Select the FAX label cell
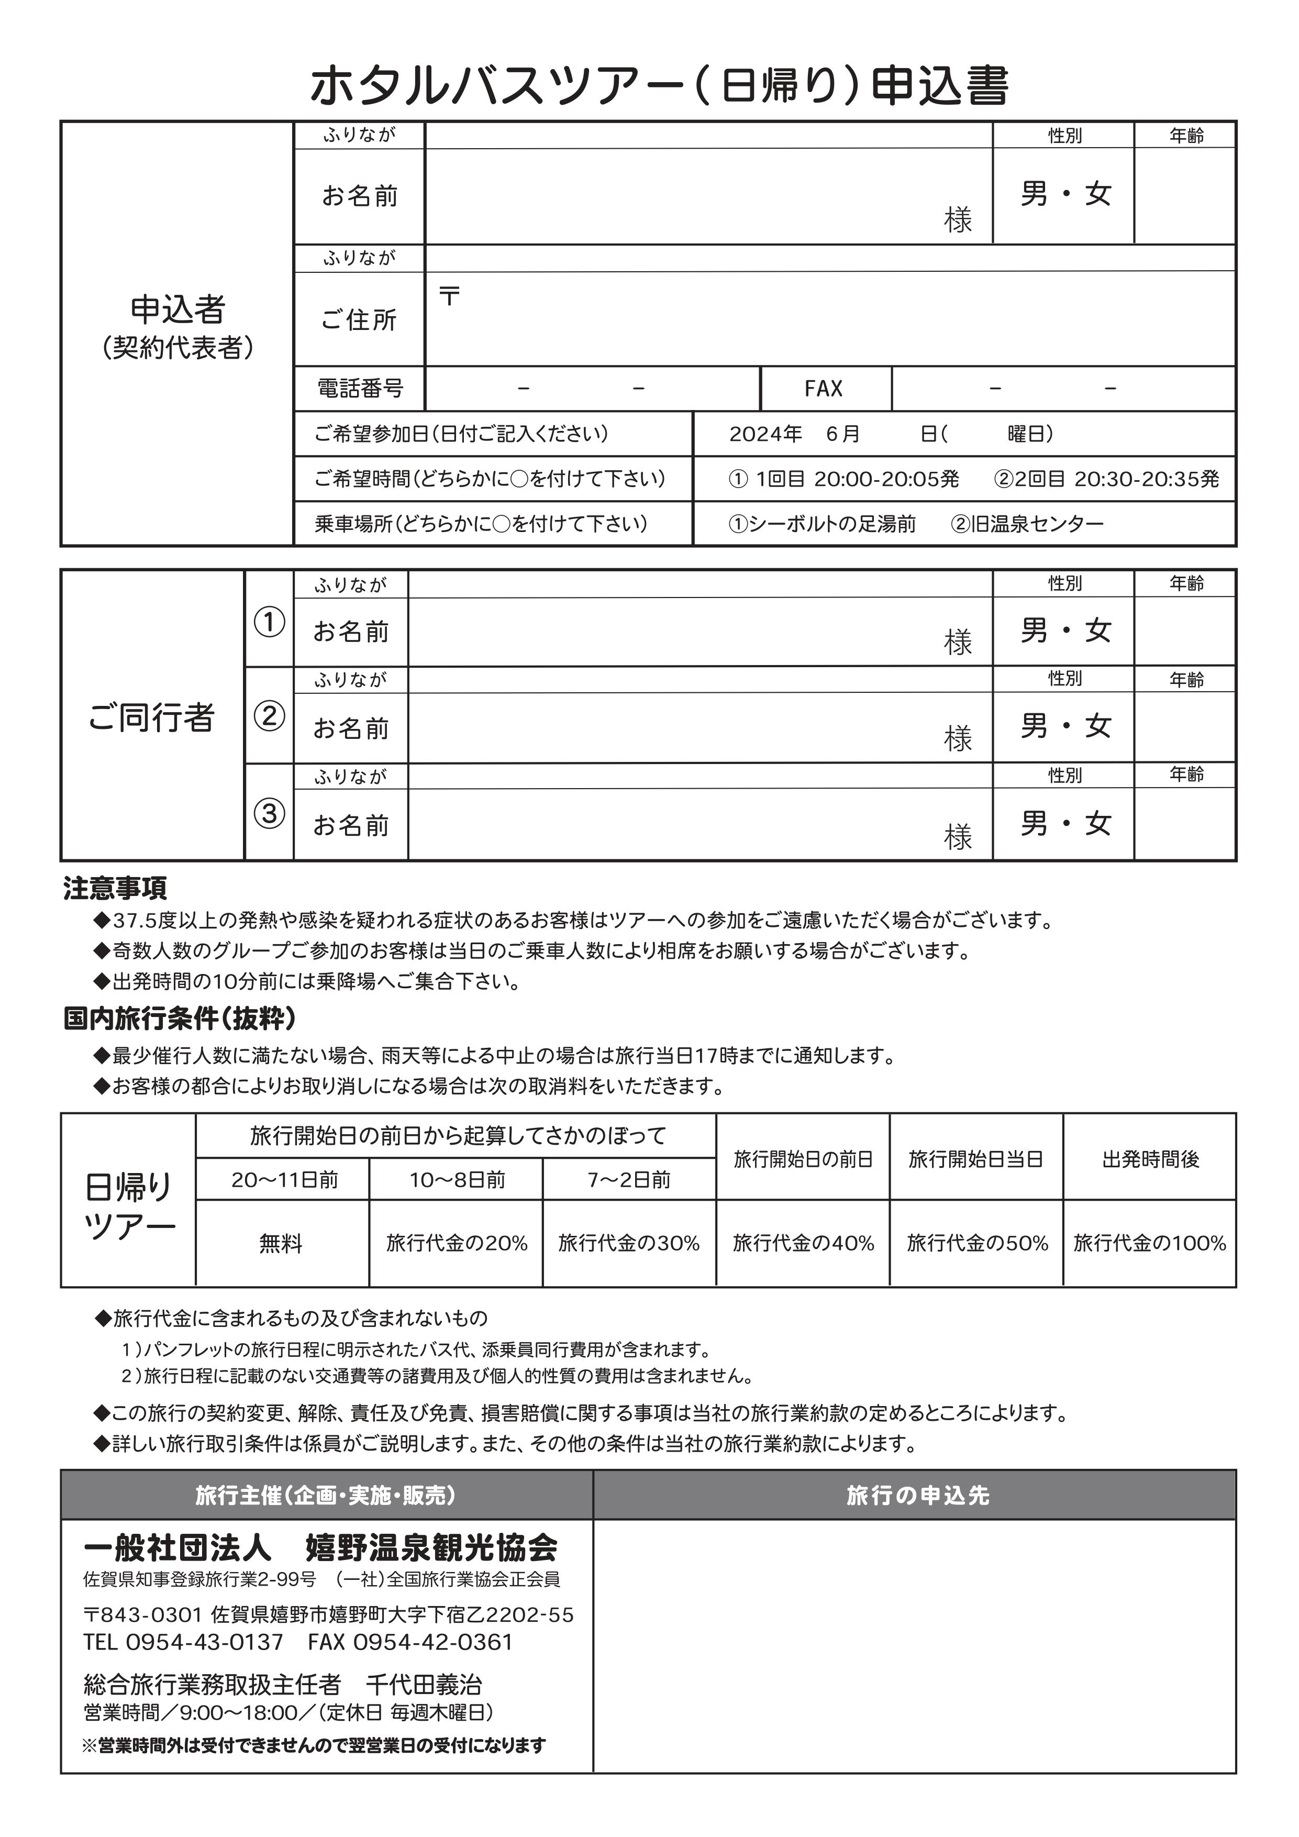tap(824, 389)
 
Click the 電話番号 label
tap(359, 389)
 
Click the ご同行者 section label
tap(151, 717)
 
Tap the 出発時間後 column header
tap(1150, 1159)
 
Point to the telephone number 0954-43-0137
tap(205, 1642)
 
